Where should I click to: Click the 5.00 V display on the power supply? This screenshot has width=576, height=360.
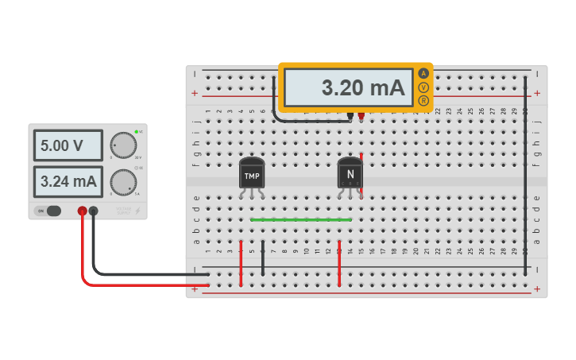click(68, 146)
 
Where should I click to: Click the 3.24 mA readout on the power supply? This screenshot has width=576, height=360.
click(68, 182)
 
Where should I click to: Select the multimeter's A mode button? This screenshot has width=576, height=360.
click(423, 73)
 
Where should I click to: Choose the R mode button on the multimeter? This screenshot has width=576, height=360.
click(423, 101)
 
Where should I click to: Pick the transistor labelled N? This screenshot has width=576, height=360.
click(350, 172)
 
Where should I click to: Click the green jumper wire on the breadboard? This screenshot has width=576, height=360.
click(300, 219)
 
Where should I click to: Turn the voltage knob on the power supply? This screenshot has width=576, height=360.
click(123, 145)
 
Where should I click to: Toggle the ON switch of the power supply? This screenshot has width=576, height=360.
click(49, 211)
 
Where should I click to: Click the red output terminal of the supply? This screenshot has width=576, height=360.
click(82, 211)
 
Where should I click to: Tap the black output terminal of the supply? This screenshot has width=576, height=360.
click(94, 211)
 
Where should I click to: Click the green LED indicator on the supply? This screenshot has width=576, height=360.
click(137, 131)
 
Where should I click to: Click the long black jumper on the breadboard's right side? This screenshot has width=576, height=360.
click(525, 175)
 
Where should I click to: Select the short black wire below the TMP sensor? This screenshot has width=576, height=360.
click(263, 257)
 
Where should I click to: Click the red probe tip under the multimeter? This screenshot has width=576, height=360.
click(361, 116)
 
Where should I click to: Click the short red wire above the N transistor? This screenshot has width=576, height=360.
click(361, 159)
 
